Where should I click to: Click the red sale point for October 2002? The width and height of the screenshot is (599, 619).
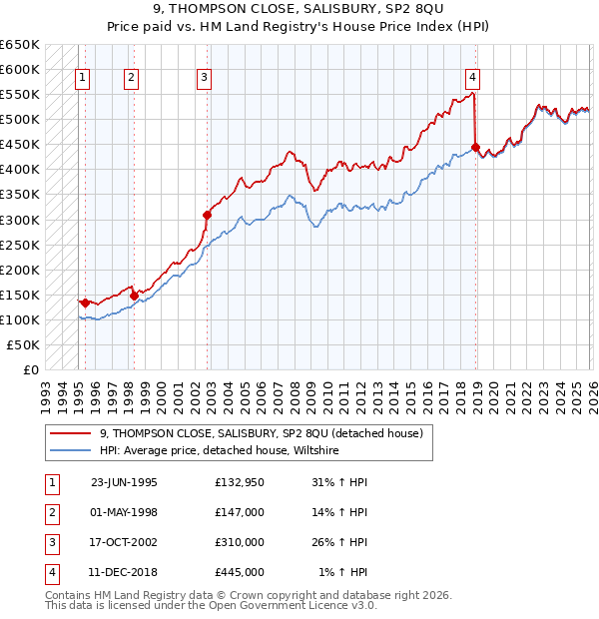tap(207, 215)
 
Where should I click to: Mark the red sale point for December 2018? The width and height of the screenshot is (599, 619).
tap(475, 147)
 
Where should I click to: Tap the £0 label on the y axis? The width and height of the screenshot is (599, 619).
tap(30, 369)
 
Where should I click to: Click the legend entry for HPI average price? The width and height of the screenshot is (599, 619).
tap(220, 450)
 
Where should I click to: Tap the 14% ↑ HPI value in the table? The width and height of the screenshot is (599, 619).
tap(339, 512)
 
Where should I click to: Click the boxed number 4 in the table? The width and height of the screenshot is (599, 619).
tap(50, 572)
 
